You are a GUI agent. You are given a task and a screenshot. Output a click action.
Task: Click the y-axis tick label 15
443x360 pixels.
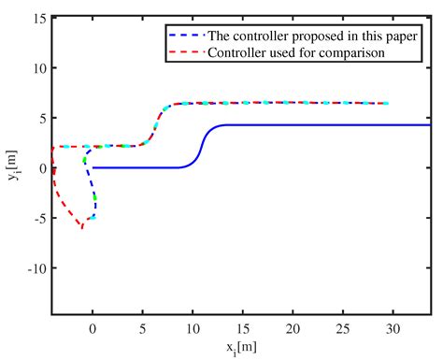pyautogui.click(x=38, y=18)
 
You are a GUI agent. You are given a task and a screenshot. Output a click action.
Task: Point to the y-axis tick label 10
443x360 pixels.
pyautogui.click(x=38, y=68)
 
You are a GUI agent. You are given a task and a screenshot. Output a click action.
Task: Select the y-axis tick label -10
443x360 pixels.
pyautogui.click(x=36, y=267)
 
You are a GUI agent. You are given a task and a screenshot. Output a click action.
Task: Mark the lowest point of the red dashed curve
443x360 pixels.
pyautogui.click(x=82, y=227)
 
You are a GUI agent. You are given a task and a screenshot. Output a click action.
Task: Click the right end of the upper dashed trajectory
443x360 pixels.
pyautogui.click(x=387, y=103)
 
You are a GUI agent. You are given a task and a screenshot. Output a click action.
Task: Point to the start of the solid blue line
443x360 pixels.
pyautogui.click(x=93, y=167)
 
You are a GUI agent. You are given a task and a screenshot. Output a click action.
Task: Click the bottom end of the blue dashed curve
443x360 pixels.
pyautogui.click(x=92, y=219)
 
